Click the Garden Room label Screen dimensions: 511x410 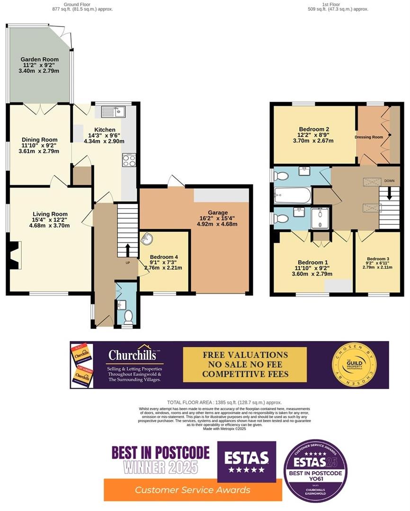click(x=39, y=59)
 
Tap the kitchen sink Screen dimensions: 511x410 click(x=113, y=112)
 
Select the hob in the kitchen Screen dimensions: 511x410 click(x=129, y=160)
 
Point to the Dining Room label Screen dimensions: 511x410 click(x=40, y=140)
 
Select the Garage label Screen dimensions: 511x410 click(x=217, y=213)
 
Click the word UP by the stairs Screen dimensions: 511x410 click(x=128, y=263)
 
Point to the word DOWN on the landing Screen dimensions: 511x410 click(x=390, y=181)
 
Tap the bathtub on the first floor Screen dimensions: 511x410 click(x=293, y=195)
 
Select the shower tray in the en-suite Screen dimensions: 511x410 click(x=322, y=218)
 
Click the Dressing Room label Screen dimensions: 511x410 click(x=368, y=137)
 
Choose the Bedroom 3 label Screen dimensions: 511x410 click(x=378, y=259)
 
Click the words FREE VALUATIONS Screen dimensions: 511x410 click(x=245, y=354)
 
